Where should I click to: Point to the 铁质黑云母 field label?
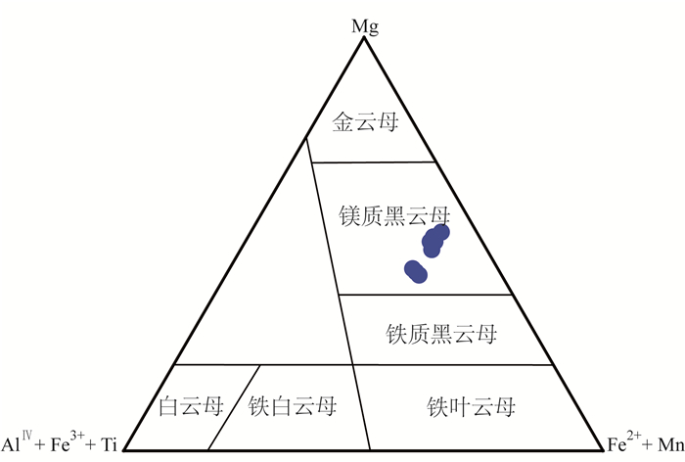coord(442,335)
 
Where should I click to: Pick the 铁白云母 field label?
coord(293,405)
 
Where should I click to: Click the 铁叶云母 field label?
coord(470,405)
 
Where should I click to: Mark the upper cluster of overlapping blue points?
coord(434,239)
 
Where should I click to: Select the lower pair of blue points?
coord(416,271)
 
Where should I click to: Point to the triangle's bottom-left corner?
coord(126,449)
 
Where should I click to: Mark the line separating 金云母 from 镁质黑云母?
coord(373,162)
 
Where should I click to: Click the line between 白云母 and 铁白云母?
coord(236,405)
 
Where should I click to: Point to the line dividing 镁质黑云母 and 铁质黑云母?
coord(424,294)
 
